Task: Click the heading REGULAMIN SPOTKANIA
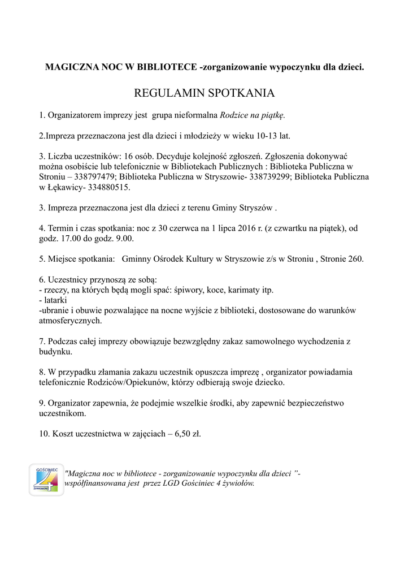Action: (x=204, y=92)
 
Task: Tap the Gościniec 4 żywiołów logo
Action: (x=46, y=480)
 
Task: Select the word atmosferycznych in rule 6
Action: (x=71, y=321)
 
